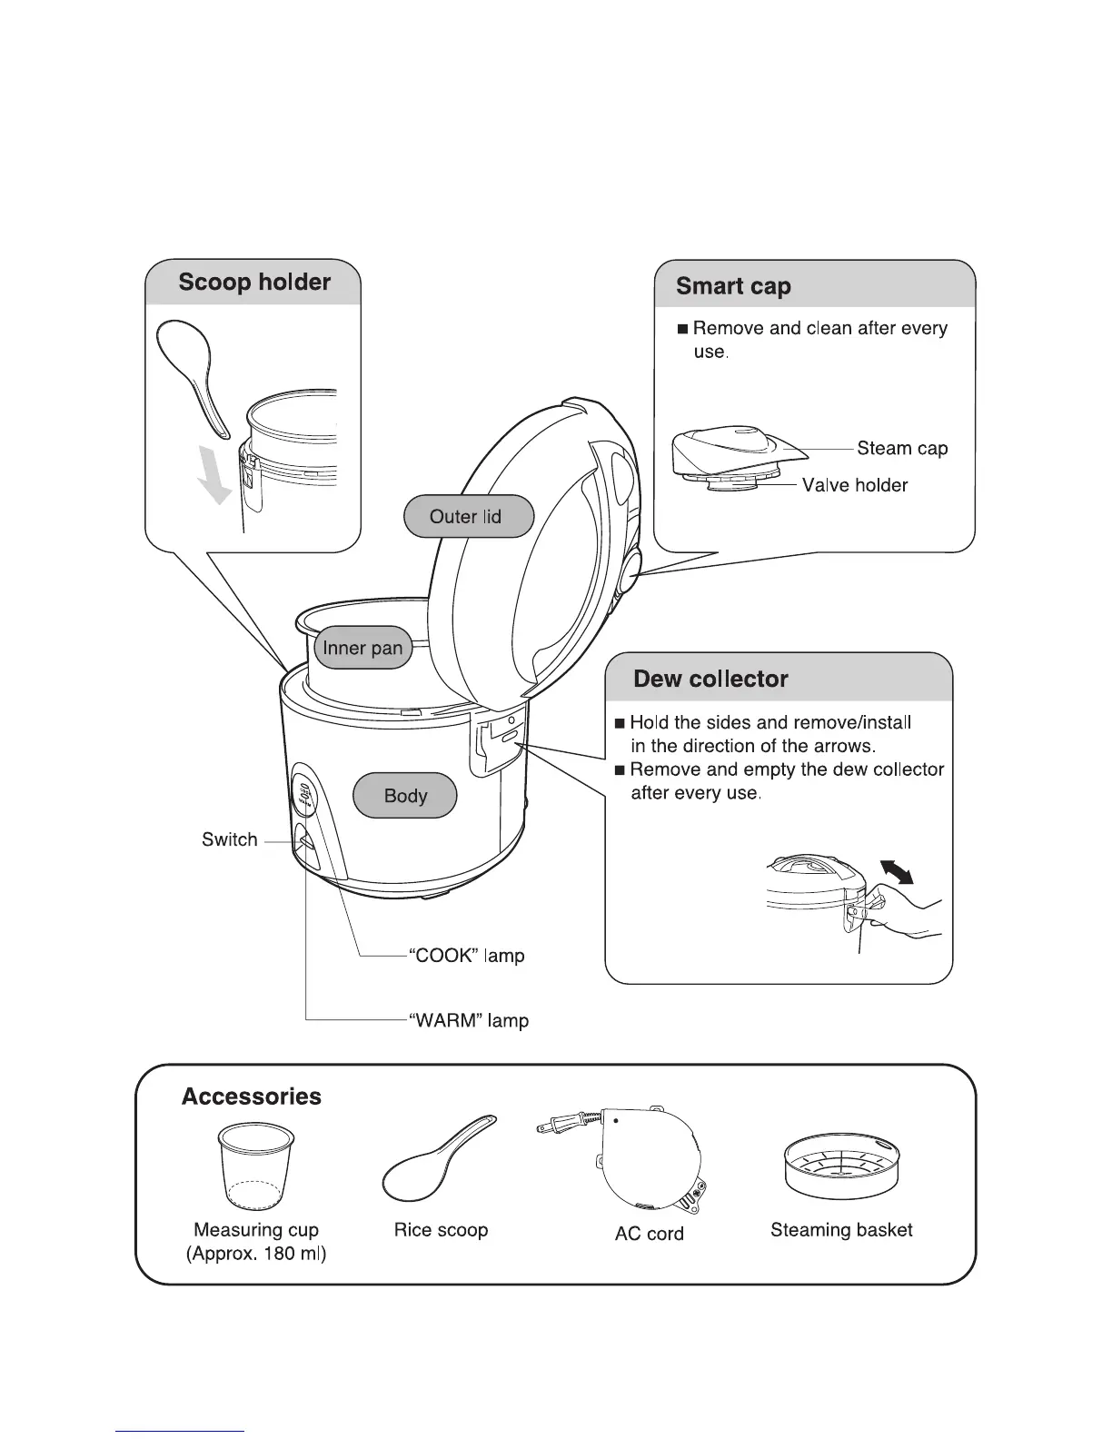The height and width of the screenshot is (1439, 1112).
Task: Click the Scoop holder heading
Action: [254, 283]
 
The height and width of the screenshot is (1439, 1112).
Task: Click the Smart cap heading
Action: [733, 287]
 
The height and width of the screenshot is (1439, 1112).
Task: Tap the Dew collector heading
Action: [710, 680]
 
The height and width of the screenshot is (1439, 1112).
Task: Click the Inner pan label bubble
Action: [362, 649]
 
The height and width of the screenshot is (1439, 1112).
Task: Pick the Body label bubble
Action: [405, 796]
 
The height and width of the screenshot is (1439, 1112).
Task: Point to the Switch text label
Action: [229, 840]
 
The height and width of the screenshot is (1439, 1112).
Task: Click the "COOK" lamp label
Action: [467, 957]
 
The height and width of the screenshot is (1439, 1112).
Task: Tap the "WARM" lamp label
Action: [469, 1021]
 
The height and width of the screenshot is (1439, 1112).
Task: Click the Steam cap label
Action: [902, 449]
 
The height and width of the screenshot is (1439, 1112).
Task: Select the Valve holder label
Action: [855, 486]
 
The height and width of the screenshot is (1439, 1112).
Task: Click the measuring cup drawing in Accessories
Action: [257, 1167]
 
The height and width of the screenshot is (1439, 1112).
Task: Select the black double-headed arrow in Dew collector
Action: [897, 873]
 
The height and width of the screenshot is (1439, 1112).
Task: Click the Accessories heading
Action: [252, 1097]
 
